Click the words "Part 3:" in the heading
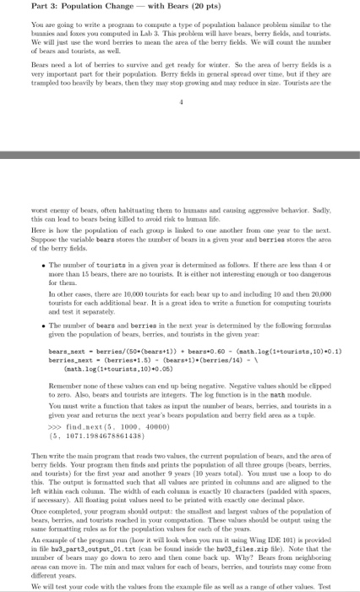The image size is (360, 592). point(19,8)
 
